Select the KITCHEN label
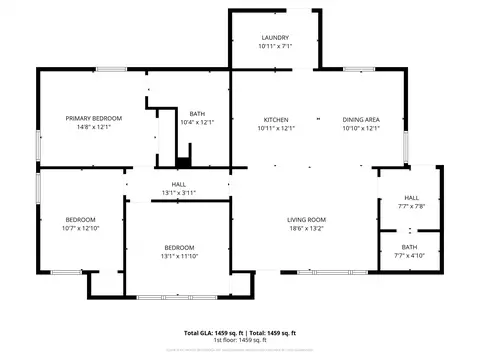click(276, 119)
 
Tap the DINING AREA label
click(360, 119)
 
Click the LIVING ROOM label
click(306, 219)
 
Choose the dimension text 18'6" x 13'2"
click(306, 228)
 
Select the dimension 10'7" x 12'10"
click(80, 228)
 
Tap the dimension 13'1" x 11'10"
click(179, 256)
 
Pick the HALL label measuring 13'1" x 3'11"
click(179, 184)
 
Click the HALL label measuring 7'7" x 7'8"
click(411, 198)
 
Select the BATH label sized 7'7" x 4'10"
click(410, 246)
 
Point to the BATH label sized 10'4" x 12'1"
click(197, 114)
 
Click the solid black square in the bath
click(183, 161)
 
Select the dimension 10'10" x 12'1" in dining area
click(360, 128)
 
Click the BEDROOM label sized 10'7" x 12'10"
click(80, 219)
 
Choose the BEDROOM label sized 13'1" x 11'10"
click(179, 247)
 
